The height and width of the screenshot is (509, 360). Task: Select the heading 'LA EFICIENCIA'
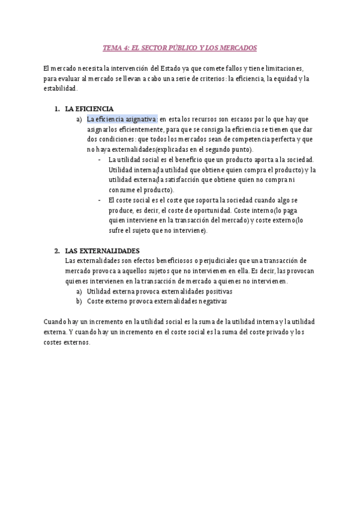click(89, 109)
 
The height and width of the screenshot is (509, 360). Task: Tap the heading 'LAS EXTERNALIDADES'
click(102, 250)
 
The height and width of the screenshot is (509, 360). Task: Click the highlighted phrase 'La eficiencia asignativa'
click(122, 119)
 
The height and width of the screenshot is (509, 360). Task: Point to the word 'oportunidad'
click(211, 210)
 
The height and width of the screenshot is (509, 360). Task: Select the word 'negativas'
click(211, 301)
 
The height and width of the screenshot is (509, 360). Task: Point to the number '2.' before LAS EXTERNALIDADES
click(56, 250)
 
